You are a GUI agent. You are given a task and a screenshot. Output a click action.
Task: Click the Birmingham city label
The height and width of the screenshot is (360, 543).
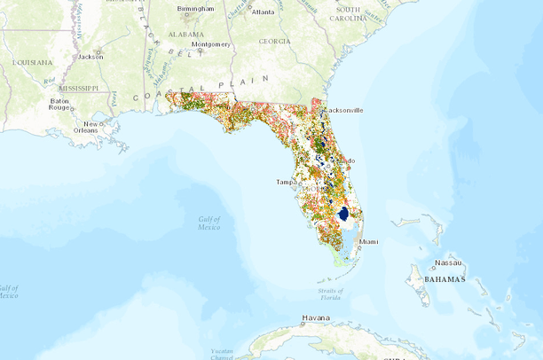(195, 10)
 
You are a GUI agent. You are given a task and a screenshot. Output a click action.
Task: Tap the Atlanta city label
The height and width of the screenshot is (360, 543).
(263, 12)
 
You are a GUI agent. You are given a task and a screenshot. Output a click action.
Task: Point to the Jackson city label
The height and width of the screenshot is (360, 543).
(90, 56)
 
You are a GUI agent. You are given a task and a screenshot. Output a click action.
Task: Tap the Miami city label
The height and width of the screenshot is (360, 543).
(369, 241)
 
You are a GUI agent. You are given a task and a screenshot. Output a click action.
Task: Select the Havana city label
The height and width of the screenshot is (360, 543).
(315, 317)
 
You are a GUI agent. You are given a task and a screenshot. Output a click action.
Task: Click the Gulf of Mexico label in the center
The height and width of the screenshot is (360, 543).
(209, 223)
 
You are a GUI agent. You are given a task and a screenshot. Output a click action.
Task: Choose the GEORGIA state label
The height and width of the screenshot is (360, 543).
(274, 41)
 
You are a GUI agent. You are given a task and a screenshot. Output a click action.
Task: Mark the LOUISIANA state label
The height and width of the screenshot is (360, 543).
(32, 62)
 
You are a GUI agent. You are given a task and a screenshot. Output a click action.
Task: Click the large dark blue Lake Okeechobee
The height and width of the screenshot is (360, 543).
(343, 214)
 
